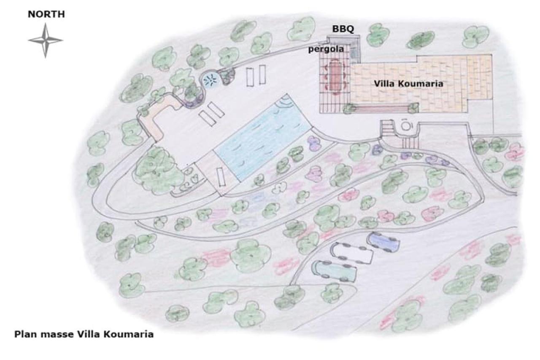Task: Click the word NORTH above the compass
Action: point(46,14)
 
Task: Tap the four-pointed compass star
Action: point(46,41)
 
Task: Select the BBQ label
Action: point(343,29)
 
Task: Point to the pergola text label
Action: point(326,49)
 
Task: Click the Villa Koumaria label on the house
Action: point(408,84)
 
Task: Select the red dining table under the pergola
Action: point(335,76)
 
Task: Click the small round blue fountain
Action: point(210,80)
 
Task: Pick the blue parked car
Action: point(383,242)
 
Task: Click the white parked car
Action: point(351,252)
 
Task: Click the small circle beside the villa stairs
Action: point(406,126)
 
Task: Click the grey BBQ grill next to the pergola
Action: point(354,51)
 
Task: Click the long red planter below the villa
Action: point(382,108)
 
